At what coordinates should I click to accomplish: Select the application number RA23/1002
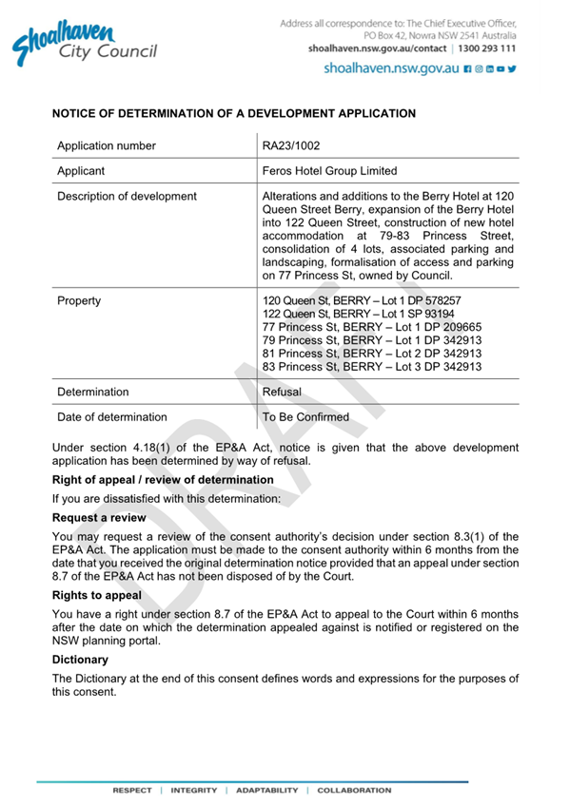tap(293, 146)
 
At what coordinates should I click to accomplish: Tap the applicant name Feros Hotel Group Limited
tap(329, 172)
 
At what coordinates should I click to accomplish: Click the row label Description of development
tap(127, 197)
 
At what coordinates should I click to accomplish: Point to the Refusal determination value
tap(282, 392)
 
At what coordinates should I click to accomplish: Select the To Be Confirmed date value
tap(305, 416)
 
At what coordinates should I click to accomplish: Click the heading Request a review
tap(99, 518)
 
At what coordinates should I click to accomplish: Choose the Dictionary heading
tap(80, 659)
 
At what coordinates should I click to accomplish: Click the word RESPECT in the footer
tap(131, 790)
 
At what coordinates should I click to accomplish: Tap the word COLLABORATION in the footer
tap(354, 790)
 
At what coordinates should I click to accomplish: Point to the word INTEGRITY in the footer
tap(194, 790)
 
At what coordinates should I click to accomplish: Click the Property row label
tap(79, 300)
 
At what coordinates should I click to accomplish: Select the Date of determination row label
tap(112, 416)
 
